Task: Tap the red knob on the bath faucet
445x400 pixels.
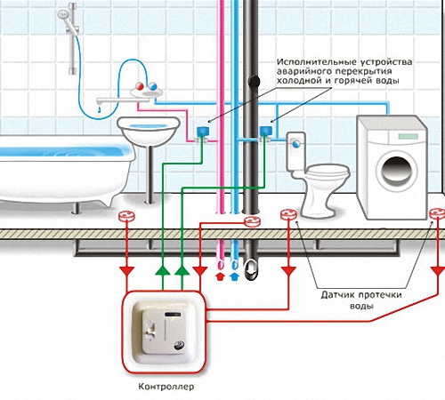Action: click(140, 86)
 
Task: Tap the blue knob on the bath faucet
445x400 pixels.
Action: click(152, 86)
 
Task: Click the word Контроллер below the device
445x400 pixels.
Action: click(166, 387)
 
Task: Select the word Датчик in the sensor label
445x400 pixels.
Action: click(338, 295)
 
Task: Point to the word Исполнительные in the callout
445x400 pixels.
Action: click(317, 62)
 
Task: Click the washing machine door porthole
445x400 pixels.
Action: click(396, 171)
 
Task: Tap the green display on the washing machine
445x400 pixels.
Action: click(409, 137)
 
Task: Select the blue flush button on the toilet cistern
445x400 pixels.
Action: click(296, 144)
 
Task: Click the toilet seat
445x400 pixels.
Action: click(328, 172)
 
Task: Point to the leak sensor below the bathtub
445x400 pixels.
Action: click(126, 216)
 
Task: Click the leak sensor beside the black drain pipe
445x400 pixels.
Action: click(252, 221)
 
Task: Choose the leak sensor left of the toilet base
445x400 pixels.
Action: click(288, 214)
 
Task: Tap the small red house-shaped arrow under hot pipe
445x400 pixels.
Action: click(220, 276)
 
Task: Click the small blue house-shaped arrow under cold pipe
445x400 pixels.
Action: click(234, 276)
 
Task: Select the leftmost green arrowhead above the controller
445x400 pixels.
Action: click(163, 270)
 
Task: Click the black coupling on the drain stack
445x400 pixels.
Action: click(254, 81)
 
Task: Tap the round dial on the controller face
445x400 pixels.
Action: click(179, 345)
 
